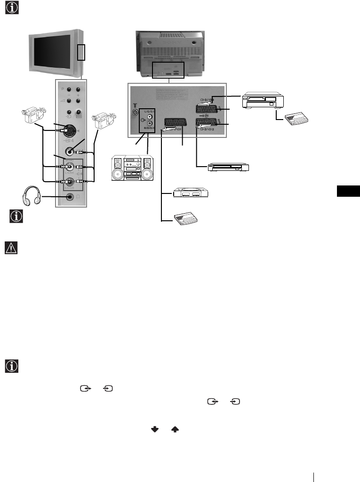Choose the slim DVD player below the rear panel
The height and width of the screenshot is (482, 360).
pyautogui.click(x=228, y=167)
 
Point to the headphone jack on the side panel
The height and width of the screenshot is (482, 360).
pyautogui.click(x=71, y=197)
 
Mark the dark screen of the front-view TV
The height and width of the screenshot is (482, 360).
pyautogui.click(x=54, y=52)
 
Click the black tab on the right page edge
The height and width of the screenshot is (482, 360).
pyautogui.click(x=348, y=192)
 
